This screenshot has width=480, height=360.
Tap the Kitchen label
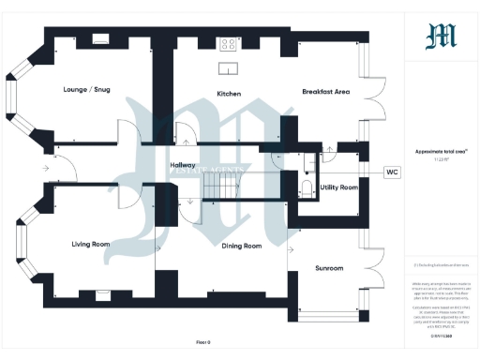tap(230, 94)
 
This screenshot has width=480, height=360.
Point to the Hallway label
tap(182, 165)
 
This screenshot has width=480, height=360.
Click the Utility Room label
tap(338, 187)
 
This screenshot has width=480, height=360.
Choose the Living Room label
tap(91, 244)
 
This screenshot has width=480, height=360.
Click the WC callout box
tap(392, 172)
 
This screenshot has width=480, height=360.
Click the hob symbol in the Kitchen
tap(228, 43)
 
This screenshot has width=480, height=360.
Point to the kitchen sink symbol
tap(228, 67)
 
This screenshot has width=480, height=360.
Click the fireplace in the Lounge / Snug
tap(101, 39)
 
